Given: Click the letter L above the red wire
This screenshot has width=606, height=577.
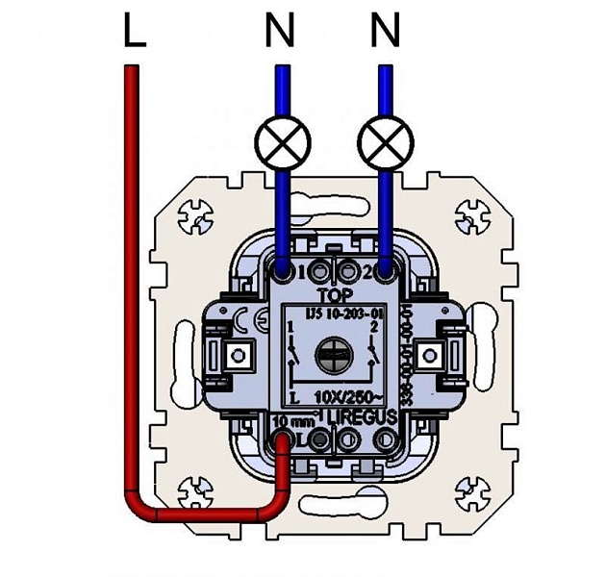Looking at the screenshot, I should tap(134, 34).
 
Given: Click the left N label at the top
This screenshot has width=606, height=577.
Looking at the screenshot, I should tap(280, 34).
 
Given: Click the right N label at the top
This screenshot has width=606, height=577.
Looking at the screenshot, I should tap(385, 34).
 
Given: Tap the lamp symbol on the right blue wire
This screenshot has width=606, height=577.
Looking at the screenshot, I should tap(386, 143).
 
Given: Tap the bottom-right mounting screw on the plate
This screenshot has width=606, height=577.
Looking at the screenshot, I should tap(471, 488).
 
